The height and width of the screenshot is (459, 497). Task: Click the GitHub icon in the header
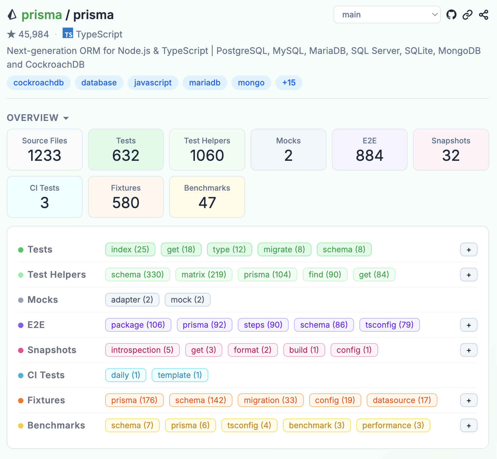451,15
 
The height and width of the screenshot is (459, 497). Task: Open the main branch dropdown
387,15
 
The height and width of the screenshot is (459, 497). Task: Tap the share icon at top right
484,15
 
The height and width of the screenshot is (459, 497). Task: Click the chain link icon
467,15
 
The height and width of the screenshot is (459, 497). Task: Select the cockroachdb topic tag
39,83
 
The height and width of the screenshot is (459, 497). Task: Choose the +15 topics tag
289,83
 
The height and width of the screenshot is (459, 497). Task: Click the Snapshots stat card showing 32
451,150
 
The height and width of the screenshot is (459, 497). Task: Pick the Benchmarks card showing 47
207,197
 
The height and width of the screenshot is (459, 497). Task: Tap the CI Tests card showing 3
45,197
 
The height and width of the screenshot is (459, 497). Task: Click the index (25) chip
130,249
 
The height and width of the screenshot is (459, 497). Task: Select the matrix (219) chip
204,274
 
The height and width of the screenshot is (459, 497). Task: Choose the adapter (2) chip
132,300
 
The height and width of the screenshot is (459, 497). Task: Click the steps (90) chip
263,325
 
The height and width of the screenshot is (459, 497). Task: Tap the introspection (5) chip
142,350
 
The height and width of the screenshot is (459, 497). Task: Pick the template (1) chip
180,375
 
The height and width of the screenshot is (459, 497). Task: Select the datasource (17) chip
402,400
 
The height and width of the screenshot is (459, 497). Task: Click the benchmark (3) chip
317,425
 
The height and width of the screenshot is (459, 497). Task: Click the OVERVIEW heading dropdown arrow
66,118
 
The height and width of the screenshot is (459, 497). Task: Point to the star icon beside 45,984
11,34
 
